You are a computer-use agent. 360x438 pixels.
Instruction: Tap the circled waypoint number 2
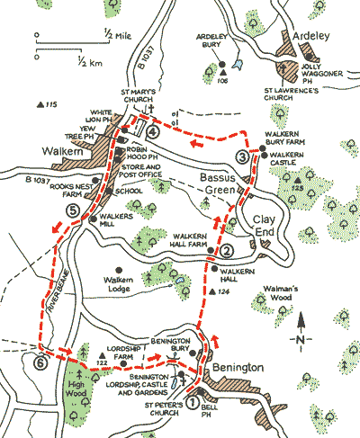228,251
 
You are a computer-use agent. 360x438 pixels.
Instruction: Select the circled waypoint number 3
243,157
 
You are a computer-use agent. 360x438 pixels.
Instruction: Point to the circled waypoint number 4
154,132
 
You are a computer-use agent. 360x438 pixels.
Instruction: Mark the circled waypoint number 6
39,363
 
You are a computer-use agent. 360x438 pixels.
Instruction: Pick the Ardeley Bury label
220,45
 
